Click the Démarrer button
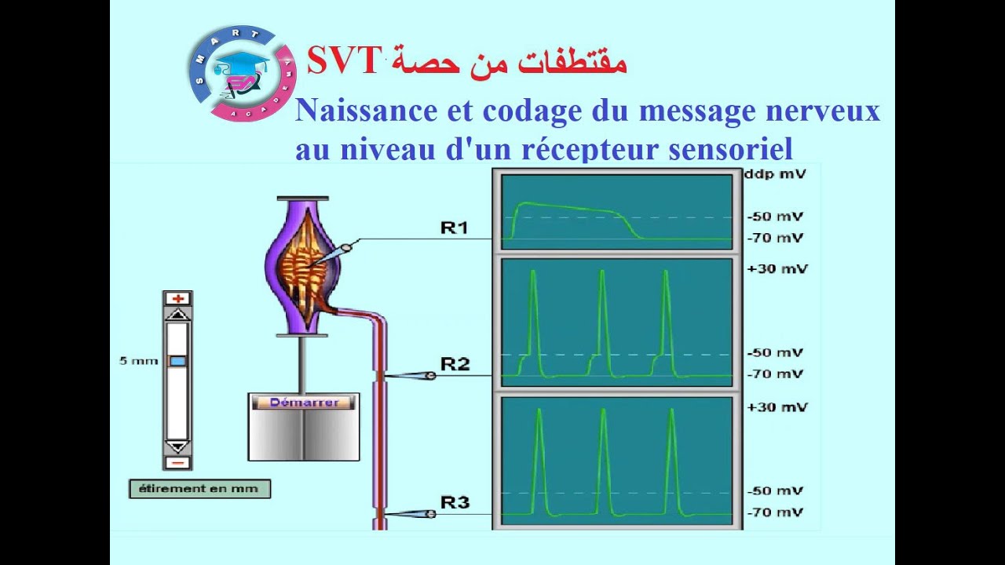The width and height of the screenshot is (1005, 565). (304, 403)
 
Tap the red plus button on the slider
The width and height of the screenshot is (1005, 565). (177, 298)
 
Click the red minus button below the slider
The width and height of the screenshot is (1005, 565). (177, 462)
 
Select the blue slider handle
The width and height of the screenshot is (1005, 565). (177, 361)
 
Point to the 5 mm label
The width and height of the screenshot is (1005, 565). (139, 361)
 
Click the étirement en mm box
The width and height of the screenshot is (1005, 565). (199, 488)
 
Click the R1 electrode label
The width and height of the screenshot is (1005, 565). (454, 228)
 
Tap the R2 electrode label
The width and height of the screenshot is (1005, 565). (455, 363)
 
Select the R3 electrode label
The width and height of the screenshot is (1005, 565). (455, 501)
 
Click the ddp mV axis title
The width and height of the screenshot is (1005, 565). (774, 174)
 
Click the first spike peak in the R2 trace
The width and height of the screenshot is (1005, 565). (533, 272)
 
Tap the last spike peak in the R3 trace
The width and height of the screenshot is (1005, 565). (671, 410)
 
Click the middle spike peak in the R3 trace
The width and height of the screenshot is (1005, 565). (603, 410)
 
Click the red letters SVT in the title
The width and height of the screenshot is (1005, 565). (344, 61)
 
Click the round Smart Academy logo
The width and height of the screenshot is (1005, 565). (242, 74)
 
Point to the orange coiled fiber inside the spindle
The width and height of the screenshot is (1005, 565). (311, 267)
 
